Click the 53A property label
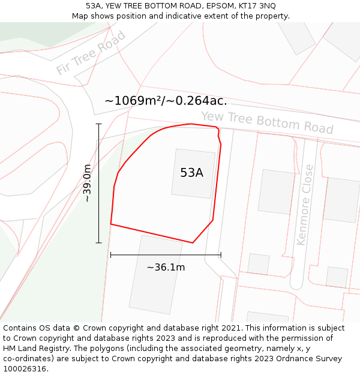click(191, 173)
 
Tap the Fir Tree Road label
click(91, 52)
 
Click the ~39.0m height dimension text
click(87, 183)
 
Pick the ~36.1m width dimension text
click(166, 267)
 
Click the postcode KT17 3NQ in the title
click(255, 5)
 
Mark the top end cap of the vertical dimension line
click(99, 124)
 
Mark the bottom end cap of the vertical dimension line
click(99, 242)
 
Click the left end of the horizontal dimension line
click(111, 255)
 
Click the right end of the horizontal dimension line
click(221, 255)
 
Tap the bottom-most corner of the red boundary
click(193, 242)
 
